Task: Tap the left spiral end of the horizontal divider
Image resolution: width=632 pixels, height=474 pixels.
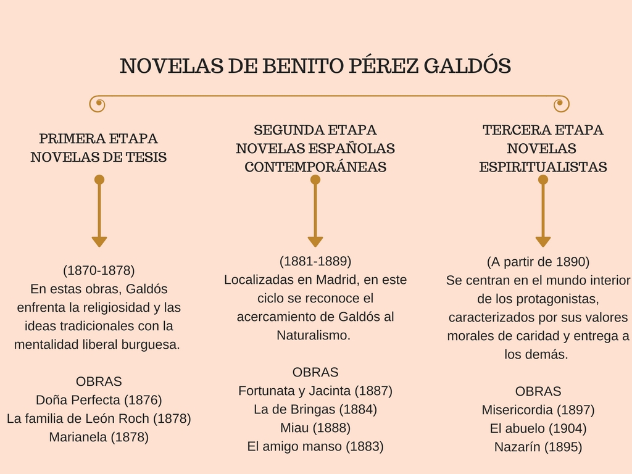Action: point(98,104)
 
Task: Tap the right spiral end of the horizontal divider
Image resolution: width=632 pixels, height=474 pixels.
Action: point(561,104)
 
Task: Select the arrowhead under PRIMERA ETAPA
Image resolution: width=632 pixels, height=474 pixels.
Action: point(99,241)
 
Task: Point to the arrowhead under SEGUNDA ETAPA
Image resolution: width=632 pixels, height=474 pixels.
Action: point(315,241)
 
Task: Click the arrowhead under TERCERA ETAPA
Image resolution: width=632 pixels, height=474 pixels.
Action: point(543,241)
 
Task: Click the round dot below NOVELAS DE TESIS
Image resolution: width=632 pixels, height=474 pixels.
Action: point(99,180)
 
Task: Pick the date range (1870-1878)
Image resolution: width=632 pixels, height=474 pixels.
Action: point(99,270)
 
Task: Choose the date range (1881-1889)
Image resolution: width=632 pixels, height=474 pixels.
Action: point(315,261)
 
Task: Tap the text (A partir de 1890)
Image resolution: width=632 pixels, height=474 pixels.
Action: point(538,262)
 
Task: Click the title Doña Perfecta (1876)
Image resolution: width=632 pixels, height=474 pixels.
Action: point(99,400)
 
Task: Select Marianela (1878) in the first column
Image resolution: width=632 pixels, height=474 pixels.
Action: point(99,437)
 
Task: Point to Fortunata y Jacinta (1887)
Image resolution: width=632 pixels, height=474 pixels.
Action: point(315,391)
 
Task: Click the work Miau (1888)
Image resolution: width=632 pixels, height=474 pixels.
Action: point(315,428)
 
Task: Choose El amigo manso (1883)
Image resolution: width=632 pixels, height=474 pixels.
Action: point(315,446)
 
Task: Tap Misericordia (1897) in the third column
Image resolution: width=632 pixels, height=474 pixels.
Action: point(538,410)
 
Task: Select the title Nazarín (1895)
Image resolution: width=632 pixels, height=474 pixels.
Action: point(538,447)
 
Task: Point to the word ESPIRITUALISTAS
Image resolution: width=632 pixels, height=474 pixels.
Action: point(543,167)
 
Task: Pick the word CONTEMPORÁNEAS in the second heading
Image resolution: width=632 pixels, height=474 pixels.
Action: point(315,167)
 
